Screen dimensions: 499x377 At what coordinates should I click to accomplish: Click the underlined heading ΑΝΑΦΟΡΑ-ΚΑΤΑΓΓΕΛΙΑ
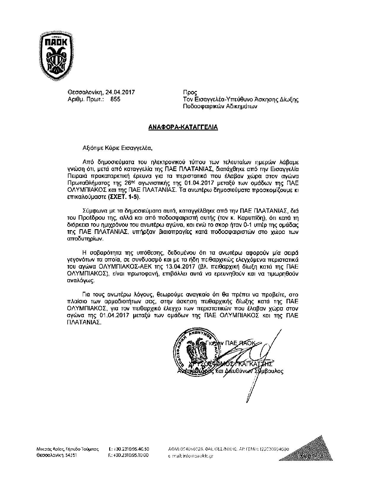[183, 127]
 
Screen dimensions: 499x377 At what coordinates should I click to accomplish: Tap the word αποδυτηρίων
[85, 239]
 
